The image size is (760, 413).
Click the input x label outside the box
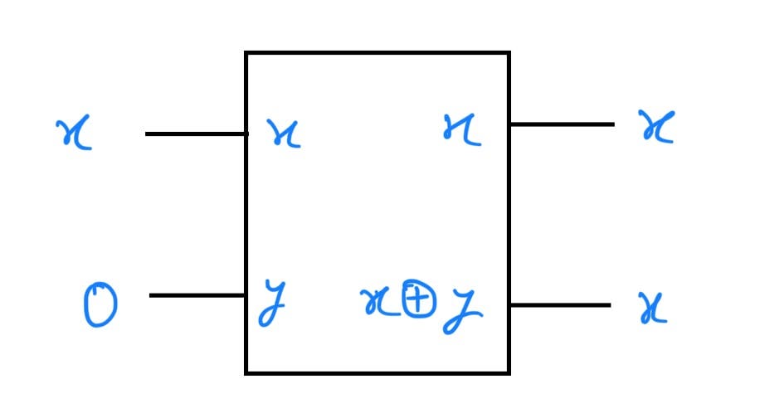75,134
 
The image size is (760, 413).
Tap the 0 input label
100,305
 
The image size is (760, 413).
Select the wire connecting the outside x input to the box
196,134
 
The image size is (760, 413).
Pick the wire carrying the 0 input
197,295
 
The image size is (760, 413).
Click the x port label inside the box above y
283,134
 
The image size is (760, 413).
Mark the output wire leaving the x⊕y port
560,305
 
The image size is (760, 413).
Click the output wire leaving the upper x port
562,124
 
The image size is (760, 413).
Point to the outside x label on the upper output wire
656,129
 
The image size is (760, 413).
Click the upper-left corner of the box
246,54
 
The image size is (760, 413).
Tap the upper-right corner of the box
509,54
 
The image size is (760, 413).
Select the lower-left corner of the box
246,372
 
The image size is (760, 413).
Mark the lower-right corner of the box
509,372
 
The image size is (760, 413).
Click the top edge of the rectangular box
378,54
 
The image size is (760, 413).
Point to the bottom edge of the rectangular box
378,372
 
